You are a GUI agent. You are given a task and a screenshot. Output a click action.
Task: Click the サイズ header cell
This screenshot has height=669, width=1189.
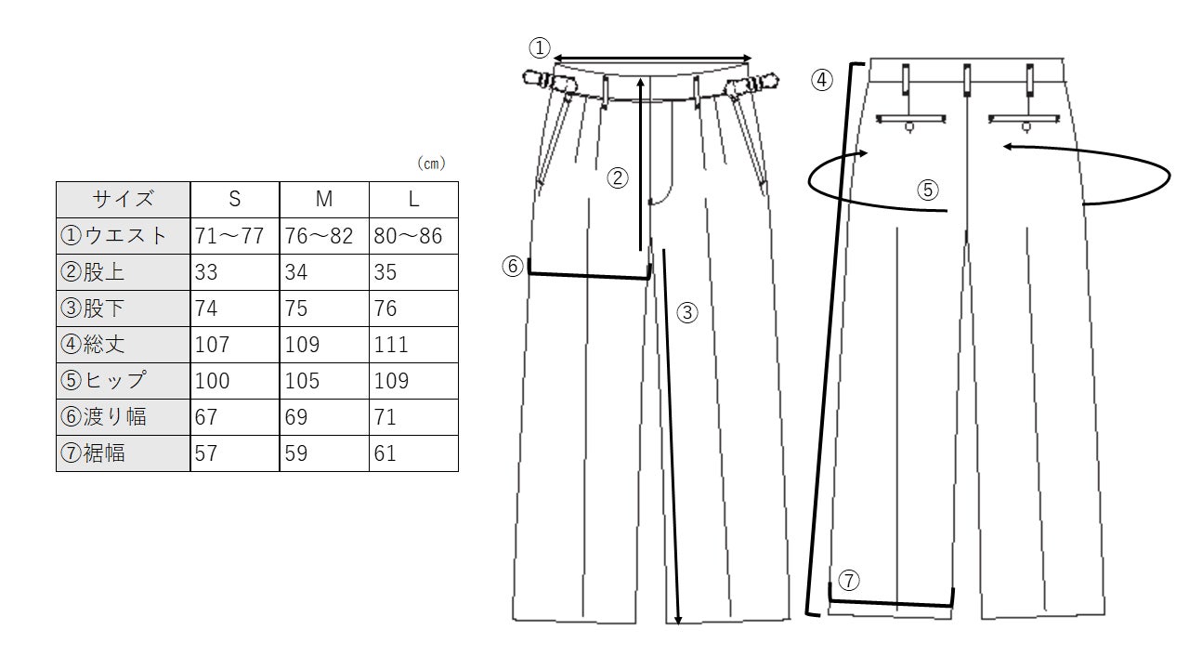(124, 200)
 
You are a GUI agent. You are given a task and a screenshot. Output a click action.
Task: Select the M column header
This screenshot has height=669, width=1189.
(324, 200)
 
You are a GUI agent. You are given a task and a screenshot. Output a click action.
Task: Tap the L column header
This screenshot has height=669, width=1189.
(413, 200)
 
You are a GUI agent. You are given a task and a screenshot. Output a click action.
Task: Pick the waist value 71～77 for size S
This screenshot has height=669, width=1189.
(229, 236)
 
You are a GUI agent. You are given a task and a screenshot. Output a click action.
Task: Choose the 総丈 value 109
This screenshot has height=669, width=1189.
(302, 345)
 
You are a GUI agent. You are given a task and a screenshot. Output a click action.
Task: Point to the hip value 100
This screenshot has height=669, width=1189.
(212, 381)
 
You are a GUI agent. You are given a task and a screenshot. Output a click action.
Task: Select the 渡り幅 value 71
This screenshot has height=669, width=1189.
(385, 417)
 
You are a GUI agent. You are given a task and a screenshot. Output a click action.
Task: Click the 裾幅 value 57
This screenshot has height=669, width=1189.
(206, 453)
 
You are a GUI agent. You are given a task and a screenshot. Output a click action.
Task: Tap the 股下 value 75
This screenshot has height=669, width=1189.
(296, 308)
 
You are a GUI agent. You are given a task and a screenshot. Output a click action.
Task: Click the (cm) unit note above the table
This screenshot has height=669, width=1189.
(431, 163)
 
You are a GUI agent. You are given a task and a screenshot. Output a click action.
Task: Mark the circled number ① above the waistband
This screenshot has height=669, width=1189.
(540, 47)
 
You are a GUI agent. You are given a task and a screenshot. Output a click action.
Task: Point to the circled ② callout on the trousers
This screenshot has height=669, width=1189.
(618, 177)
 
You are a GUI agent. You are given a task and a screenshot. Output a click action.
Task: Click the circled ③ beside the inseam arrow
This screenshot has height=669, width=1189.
(687, 313)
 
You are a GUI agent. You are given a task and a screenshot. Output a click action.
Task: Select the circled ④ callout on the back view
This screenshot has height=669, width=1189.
(822, 80)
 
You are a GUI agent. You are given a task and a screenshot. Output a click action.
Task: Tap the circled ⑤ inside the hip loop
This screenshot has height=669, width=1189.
(928, 190)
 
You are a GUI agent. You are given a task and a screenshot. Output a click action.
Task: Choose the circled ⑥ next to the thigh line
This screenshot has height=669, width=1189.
(513, 266)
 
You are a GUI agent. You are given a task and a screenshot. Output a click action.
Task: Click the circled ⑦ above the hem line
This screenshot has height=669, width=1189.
(849, 581)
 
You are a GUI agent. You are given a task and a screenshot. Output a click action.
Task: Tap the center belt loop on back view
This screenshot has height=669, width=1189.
(967, 81)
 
